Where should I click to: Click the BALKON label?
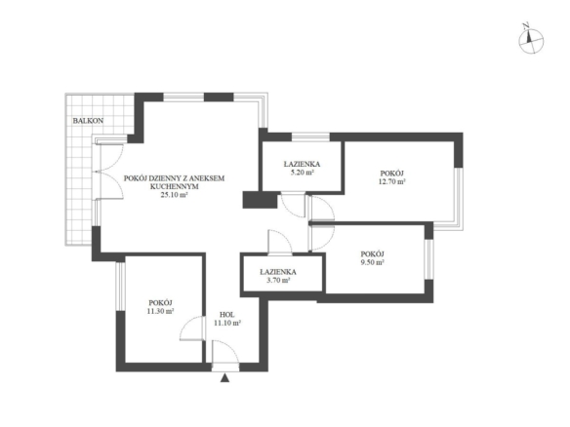pos(88,121)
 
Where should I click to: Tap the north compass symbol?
pos(531,39)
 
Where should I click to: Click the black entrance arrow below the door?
pos(225,378)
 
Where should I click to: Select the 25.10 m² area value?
pos(174,195)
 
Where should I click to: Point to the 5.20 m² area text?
pos(302,173)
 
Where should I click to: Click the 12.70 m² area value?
pos(392,181)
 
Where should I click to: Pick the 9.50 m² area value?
pos(372,262)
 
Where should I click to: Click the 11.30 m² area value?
pos(160,311)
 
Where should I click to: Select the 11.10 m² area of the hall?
pos(227,323)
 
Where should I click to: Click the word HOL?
pos(227,315)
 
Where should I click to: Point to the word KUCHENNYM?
pos(174,186)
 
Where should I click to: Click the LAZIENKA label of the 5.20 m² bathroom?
pos(302,164)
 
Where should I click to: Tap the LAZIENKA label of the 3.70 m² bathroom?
pos(278,272)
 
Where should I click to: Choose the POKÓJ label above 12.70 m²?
pos(392,174)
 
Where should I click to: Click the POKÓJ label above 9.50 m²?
pos(372,253)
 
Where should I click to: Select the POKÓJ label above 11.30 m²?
pos(160,303)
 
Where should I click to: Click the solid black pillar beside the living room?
pos(260,200)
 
